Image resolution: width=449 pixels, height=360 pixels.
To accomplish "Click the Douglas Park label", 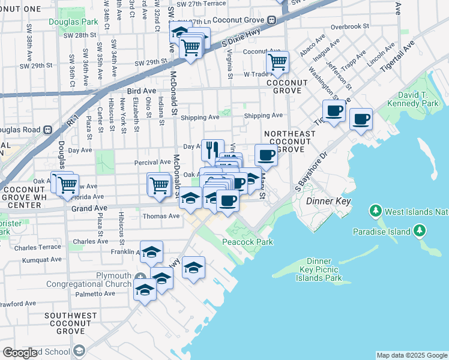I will tap(74, 22).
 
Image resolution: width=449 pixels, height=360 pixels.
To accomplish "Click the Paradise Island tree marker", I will tap(419, 231).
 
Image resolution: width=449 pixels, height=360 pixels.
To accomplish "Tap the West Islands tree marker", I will tap(376, 211).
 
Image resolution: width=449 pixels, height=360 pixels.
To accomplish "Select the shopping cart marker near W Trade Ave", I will tap(277, 62).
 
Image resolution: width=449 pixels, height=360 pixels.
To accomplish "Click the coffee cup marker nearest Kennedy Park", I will tap(361, 119).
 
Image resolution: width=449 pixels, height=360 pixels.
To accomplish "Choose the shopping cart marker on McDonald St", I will tap(158, 184).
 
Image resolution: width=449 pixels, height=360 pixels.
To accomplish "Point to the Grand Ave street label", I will tap(89, 208).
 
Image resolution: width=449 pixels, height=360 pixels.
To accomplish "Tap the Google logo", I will tap(20, 353).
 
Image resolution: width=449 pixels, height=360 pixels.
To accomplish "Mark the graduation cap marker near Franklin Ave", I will tap(152, 252).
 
